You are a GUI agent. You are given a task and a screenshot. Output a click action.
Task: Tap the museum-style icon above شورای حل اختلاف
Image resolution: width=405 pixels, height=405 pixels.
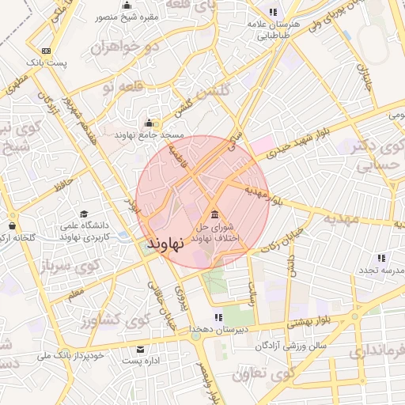(x=214, y=214)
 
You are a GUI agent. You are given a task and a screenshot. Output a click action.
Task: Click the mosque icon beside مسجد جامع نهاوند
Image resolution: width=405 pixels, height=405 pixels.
(x=150, y=123)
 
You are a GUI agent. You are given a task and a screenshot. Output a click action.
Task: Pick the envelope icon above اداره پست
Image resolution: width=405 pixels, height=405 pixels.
(x=141, y=349)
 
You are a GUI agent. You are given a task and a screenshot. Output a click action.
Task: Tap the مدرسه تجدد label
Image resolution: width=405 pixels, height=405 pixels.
(x=381, y=270)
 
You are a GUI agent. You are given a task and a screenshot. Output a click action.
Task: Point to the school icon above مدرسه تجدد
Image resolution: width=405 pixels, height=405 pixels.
(x=381, y=258)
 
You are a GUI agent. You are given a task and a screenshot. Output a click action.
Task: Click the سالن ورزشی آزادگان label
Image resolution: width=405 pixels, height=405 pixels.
(x=292, y=346)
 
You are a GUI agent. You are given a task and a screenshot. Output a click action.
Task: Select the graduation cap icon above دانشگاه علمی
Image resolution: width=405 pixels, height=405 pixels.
(x=84, y=214)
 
